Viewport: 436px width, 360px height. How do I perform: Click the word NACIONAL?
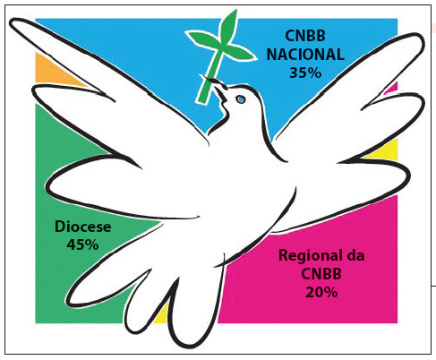tap(305, 55)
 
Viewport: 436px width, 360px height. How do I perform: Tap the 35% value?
tap(305, 73)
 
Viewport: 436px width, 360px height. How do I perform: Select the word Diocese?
tap(83, 227)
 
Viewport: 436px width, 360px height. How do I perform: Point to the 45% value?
tap(82, 244)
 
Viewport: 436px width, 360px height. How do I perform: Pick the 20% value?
tap(321, 292)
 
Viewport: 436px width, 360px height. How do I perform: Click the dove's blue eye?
tap(240, 99)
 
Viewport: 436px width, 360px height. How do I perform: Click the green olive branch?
tap(219, 56)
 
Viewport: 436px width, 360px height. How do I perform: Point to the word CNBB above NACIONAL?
tap(305, 36)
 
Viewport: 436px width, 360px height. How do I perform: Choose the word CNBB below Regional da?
tap(321, 274)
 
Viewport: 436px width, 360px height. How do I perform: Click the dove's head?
tap(240, 100)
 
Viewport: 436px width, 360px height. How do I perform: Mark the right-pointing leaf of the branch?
tap(240, 53)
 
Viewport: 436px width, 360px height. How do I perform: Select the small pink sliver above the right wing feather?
tap(393, 88)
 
